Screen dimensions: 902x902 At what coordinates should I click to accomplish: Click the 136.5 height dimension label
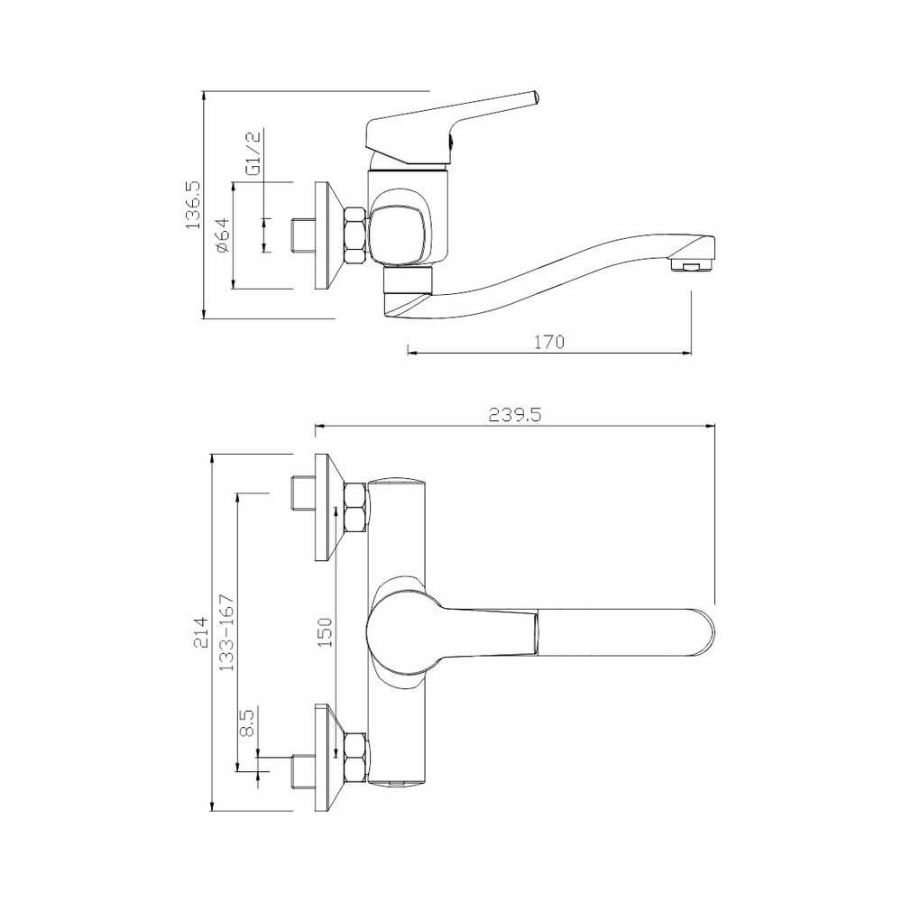(193, 205)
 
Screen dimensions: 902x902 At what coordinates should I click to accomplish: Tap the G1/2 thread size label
(253, 153)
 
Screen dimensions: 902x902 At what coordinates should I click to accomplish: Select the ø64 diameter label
(222, 235)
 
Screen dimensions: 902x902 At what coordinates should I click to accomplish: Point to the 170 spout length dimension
(549, 342)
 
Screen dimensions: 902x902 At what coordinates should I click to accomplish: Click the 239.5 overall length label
(515, 414)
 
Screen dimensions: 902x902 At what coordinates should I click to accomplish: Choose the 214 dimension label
(200, 633)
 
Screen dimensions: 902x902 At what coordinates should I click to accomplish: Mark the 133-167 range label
(227, 632)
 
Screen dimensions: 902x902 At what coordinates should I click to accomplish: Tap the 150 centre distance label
(326, 632)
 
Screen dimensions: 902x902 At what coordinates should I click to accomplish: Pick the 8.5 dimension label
(247, 723)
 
